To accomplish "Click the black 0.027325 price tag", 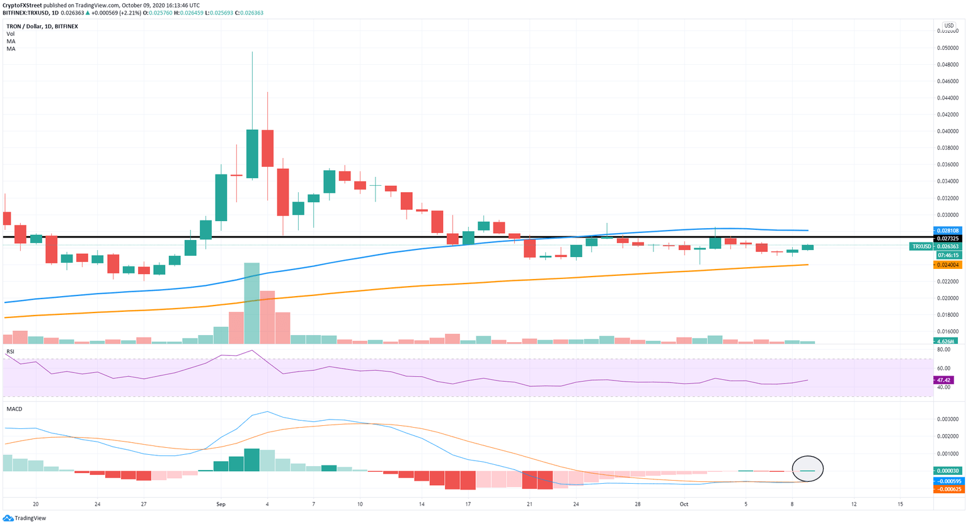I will click(948, 239).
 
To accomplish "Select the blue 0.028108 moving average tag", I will click(948, 231).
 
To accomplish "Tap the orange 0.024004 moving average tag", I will click(948, 265).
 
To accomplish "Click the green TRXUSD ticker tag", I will click(921, 246).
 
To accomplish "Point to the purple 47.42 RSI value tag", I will click(944, 380).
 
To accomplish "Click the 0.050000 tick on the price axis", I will click(948, 48).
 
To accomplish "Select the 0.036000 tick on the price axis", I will click(948, 165).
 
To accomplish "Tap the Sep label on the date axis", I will click(221, 505).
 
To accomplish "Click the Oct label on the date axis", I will click(684, 505).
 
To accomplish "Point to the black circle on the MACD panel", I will click(808, 468).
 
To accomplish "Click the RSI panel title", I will click(11, 352).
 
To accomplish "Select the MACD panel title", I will click(14, 409).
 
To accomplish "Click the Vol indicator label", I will click(11, 34).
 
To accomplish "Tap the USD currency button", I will click(948, 26).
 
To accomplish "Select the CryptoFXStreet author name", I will click(23, 6).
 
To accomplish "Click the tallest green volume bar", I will click(251, 303).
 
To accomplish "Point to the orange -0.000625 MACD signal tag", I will click(948, 489).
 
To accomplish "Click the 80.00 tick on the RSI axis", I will click(943, 349).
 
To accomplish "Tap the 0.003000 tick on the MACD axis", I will click(948, 419).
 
